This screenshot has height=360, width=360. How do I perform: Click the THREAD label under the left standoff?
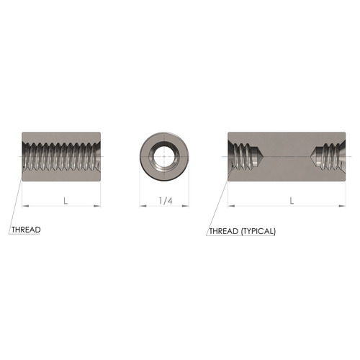tap(26, 230)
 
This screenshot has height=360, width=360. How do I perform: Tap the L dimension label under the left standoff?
tap(66, 201)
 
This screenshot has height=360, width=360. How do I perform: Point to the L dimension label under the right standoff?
tap(292, 201)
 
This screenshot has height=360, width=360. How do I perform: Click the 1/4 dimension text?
tap(164, 201)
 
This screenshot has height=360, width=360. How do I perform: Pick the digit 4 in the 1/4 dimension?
tap(169, 201)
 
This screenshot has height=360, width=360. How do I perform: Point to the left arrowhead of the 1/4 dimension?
tap(142, 206)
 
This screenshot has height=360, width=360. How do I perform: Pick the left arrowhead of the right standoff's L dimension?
tap(231, 206)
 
